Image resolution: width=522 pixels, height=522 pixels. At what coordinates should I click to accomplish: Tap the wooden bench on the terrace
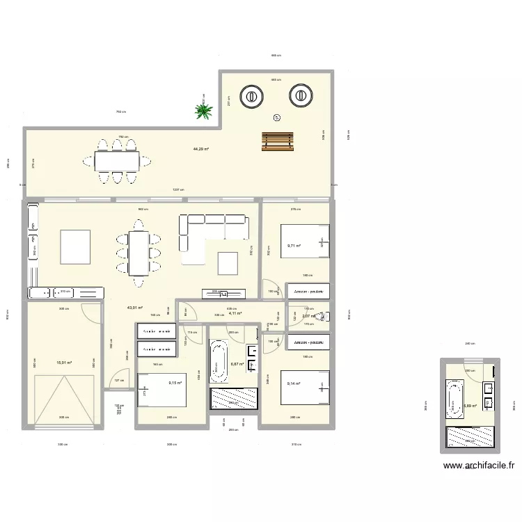click(x=274, y=141)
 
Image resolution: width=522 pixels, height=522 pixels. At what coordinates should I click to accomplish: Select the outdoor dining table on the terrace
click(x=116, y=161)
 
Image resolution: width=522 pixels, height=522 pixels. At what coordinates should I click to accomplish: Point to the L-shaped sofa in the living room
click(x=209, y=230)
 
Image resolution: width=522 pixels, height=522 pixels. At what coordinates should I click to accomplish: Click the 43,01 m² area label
click(x=134, y=308)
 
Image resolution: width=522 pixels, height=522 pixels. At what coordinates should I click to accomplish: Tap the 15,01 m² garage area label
click(x=64, y=362)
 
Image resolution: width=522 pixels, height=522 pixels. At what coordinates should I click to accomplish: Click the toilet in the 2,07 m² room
click(x=322, y=317)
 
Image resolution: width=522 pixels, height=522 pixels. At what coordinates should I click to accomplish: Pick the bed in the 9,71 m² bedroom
click(x=304, y=244)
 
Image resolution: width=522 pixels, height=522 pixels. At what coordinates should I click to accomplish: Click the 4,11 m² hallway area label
click(x=235, y=313)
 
